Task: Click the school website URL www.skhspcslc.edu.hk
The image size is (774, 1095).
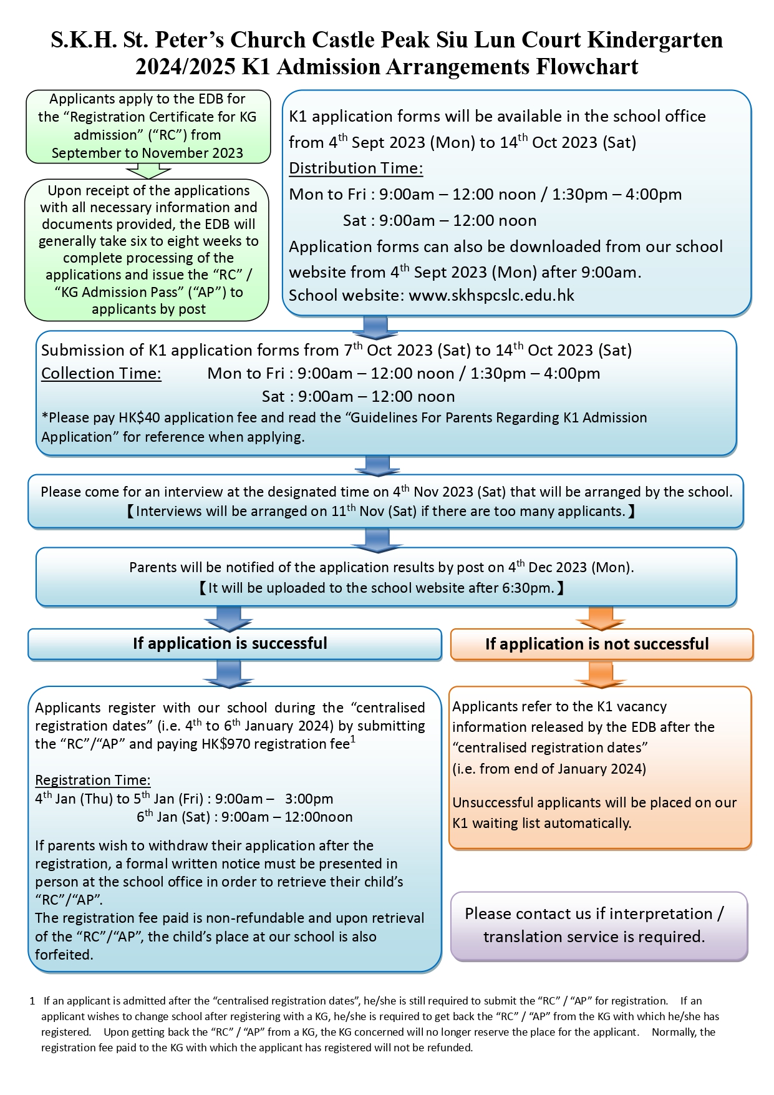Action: tap(491, 296)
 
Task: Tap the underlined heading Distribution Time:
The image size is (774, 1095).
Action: tap(356, 168)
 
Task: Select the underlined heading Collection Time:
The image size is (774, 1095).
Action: tap(101, 374)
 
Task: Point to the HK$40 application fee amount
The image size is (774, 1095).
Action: tap(140, 417)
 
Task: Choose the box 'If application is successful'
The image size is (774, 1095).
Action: tap(235, 644)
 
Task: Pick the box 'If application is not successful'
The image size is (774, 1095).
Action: tap(601, 645)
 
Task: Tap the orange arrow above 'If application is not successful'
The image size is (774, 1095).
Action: tap(601, 617)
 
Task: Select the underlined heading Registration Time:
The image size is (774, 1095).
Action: tap(92, 780)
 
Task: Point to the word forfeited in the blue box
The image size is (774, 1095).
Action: tap(64, 955)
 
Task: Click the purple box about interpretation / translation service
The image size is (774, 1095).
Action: tap(599, 925)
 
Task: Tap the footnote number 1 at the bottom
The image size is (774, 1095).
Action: tap(32, 1001)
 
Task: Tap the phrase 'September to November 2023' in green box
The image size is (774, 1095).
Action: tap(147, 153)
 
